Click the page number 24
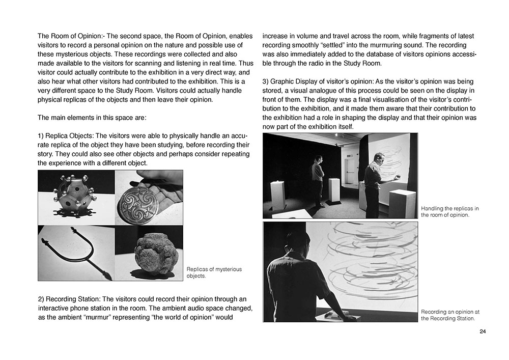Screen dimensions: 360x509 click(483, 332)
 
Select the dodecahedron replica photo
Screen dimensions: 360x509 click(76, 197)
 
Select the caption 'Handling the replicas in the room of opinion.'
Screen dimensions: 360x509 click(450, 212)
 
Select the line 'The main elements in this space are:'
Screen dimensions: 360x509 click(92, 118)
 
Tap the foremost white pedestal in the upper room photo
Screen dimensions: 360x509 click(402, 203)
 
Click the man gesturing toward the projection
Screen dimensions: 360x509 click(374, 181)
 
